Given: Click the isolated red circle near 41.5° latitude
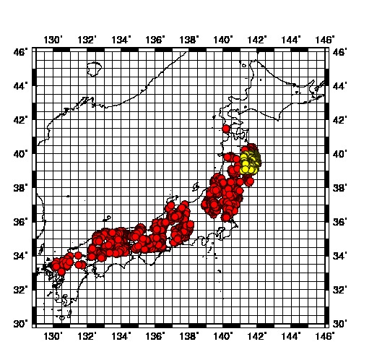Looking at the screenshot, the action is (x=226, y=129).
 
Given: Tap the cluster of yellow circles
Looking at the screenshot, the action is (x=250, y=161).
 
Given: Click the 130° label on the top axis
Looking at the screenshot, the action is (x=53, y=39).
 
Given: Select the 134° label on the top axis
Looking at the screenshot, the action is (x=121, y=39).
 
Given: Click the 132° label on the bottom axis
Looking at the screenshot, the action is (x=87, y=336).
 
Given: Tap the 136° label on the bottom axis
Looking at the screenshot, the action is (x=155, y=336).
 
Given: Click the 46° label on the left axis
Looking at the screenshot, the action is (x=21, y=52).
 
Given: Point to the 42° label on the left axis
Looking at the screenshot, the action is (x=21, y=120).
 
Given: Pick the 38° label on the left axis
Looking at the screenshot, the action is (x=21, y=188).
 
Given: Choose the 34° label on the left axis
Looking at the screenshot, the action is (x=21, y=255).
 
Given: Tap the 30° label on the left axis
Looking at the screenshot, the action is (x=21, y=323).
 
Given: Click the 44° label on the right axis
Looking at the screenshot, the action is (x=339, y=86).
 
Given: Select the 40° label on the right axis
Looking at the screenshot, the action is (x=339, y=154).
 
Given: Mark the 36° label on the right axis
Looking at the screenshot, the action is (x=339, y=222).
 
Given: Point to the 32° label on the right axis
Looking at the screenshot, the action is (x=339, y=289).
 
